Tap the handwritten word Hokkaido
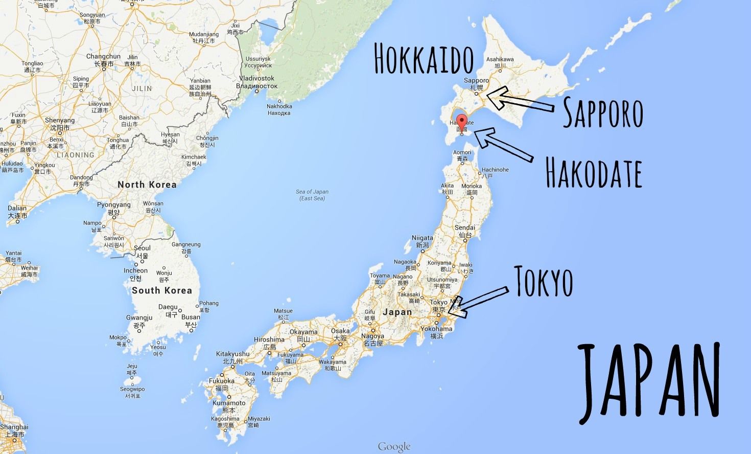(424, 59)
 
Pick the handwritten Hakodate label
(594, 172)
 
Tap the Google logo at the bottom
(394, 447)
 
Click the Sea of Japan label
(312, 195)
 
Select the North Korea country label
(147, 185)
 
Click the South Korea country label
(161, 290)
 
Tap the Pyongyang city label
(114, 205)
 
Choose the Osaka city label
(340, 331)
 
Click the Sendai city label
(465, 228)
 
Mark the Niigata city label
(423, 238)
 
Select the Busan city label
(191, 317)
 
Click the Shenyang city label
(60, 121)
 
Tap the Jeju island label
(132, 366)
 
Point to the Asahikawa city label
(500, 59)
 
